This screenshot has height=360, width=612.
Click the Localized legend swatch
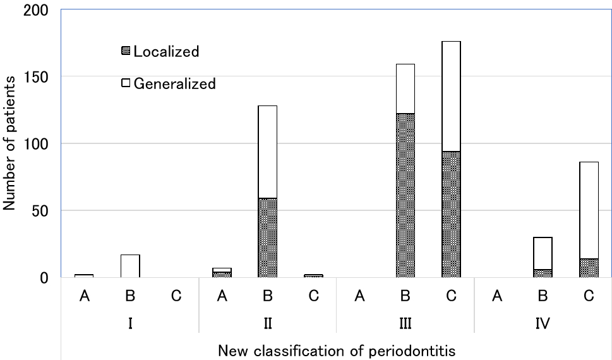(126, 51)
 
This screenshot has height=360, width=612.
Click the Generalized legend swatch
(126, 83)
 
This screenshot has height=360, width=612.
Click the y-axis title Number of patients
(10, 143)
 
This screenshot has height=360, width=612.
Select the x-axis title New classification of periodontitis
(337, 350)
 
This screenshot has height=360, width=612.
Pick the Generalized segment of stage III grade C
(451, 96)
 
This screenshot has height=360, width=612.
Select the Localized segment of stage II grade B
(267, 237)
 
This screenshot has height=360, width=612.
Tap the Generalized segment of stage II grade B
(267, 152)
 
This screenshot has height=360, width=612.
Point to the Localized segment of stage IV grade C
(589, 268)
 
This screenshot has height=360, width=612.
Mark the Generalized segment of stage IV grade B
(543, 253)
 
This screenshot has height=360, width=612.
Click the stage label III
(405, 323)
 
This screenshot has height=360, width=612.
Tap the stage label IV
(543, 323)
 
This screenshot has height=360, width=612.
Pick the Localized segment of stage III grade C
(451, 213)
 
